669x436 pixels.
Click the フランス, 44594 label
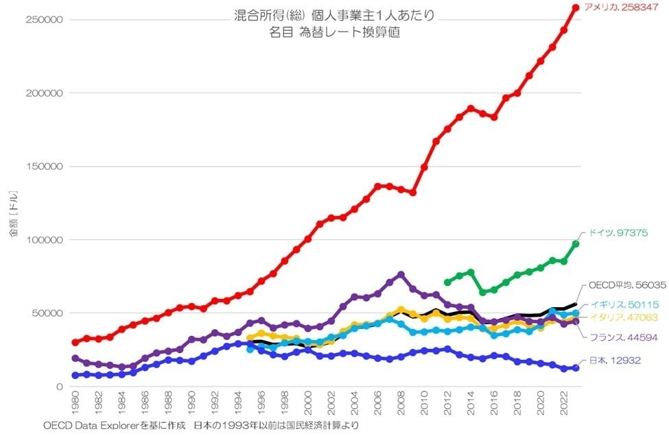[x=622, y=337]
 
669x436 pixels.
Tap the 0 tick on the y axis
[x=60, y=387]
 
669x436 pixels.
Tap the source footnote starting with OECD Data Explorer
[x=200, y=426]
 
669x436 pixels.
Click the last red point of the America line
[x=576, y=8]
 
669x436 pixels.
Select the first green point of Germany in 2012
[x=447, y=282]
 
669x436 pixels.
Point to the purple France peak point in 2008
[x=401, y=275]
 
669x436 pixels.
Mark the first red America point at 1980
[x=75, y=342]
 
